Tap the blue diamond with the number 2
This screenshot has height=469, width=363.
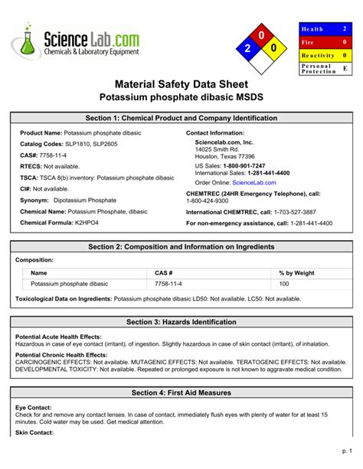click(247, 48)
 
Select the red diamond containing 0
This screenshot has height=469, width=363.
click(261, 35)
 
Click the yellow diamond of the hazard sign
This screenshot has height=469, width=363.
click(274, 48)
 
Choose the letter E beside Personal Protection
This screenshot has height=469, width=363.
click(345, 69)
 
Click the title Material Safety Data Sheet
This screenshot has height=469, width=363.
click(181, 84)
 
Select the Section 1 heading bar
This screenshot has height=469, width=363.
click(181, 119)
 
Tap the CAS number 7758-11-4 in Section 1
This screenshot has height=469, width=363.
click(51, 154)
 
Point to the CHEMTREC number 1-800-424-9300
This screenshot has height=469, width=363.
click(213, 201)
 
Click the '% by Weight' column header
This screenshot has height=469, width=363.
click(296, 273)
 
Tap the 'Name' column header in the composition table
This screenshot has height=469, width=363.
click(39, 273)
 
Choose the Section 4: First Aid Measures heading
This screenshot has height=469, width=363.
click(181, 392)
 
